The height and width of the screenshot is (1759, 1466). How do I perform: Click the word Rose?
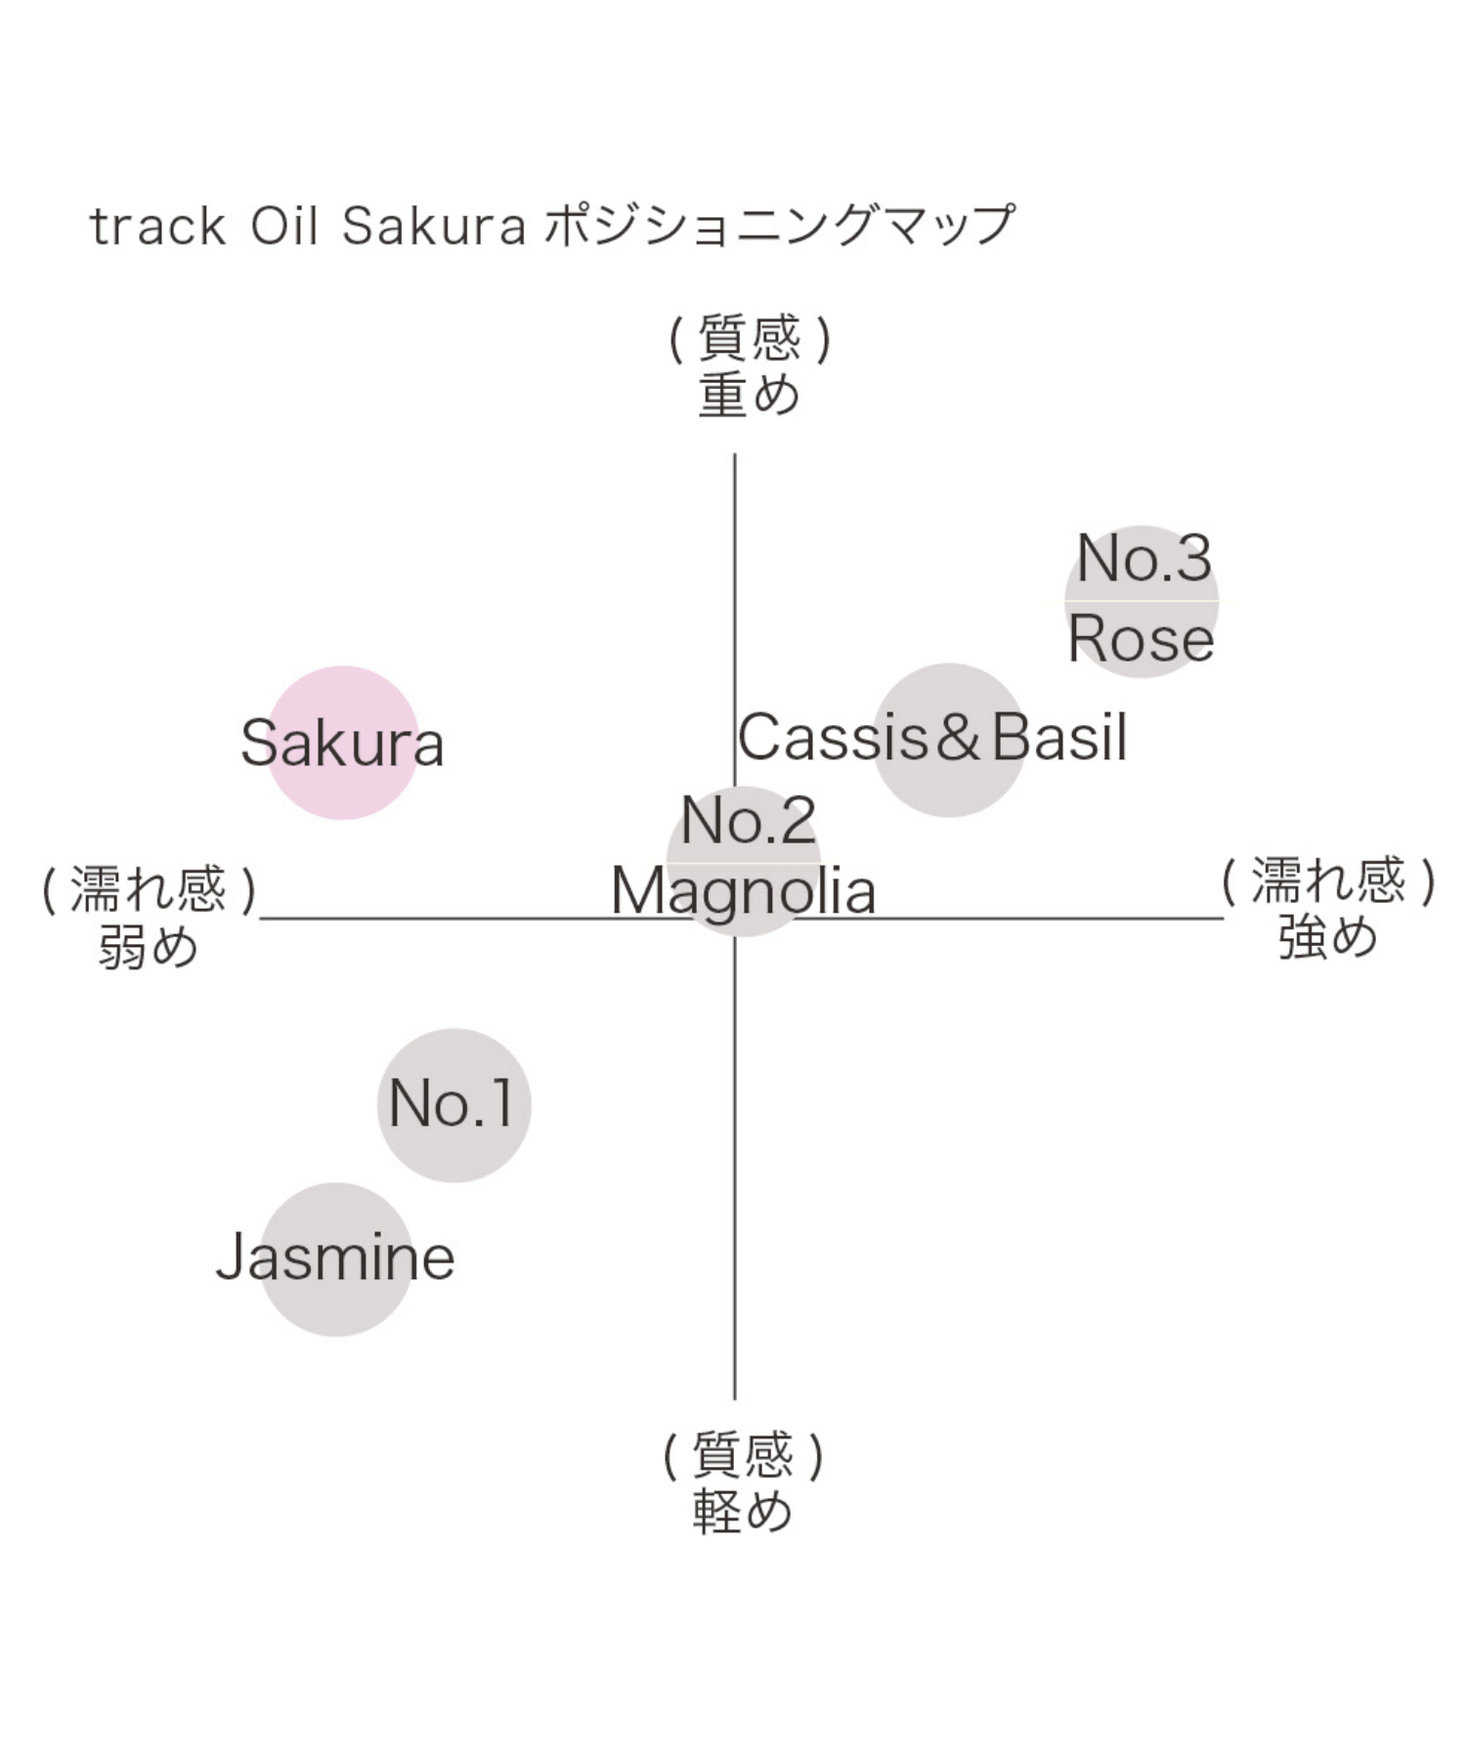click(1141, 640)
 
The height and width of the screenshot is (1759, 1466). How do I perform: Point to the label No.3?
click(1143, 559)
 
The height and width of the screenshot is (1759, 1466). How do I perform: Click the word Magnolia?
click(743, 891)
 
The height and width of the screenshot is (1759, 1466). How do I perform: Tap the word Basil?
click(1059, 737)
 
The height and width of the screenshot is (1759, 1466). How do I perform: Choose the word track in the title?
click(157, 227)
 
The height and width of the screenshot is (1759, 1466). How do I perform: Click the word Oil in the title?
click(284, 227)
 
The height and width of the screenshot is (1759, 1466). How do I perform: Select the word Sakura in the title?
click(434, 227)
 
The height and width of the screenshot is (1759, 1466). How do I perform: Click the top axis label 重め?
click(749, 395)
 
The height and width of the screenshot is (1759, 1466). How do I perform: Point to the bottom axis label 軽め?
click(743, 1512)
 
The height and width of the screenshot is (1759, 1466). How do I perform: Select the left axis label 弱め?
click(149, 946)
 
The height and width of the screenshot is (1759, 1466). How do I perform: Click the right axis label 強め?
click(1327, 936)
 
